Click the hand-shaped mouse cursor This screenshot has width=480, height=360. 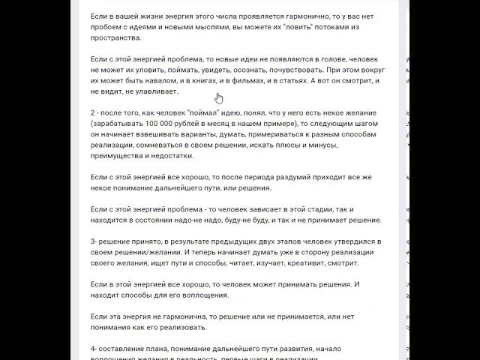pos(219,98)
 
